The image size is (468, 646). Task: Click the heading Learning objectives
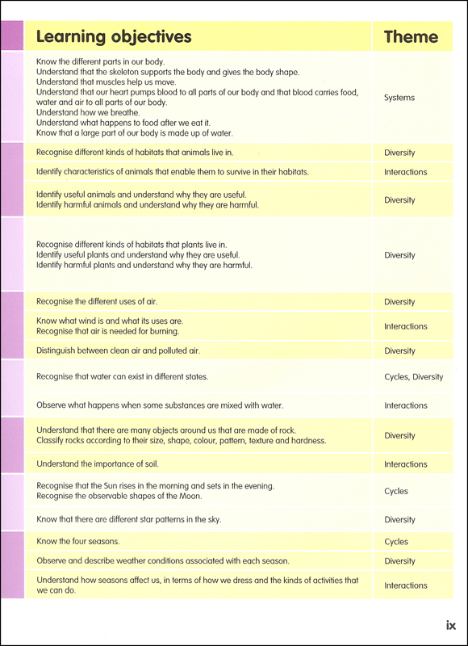114,36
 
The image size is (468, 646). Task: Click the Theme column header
411,36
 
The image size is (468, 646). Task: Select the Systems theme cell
399,98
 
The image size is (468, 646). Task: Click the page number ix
451,625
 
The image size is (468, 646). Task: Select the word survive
228,172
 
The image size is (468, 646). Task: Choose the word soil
151,464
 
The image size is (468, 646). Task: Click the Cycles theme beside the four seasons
396,542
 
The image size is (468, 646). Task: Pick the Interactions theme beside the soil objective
405,464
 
